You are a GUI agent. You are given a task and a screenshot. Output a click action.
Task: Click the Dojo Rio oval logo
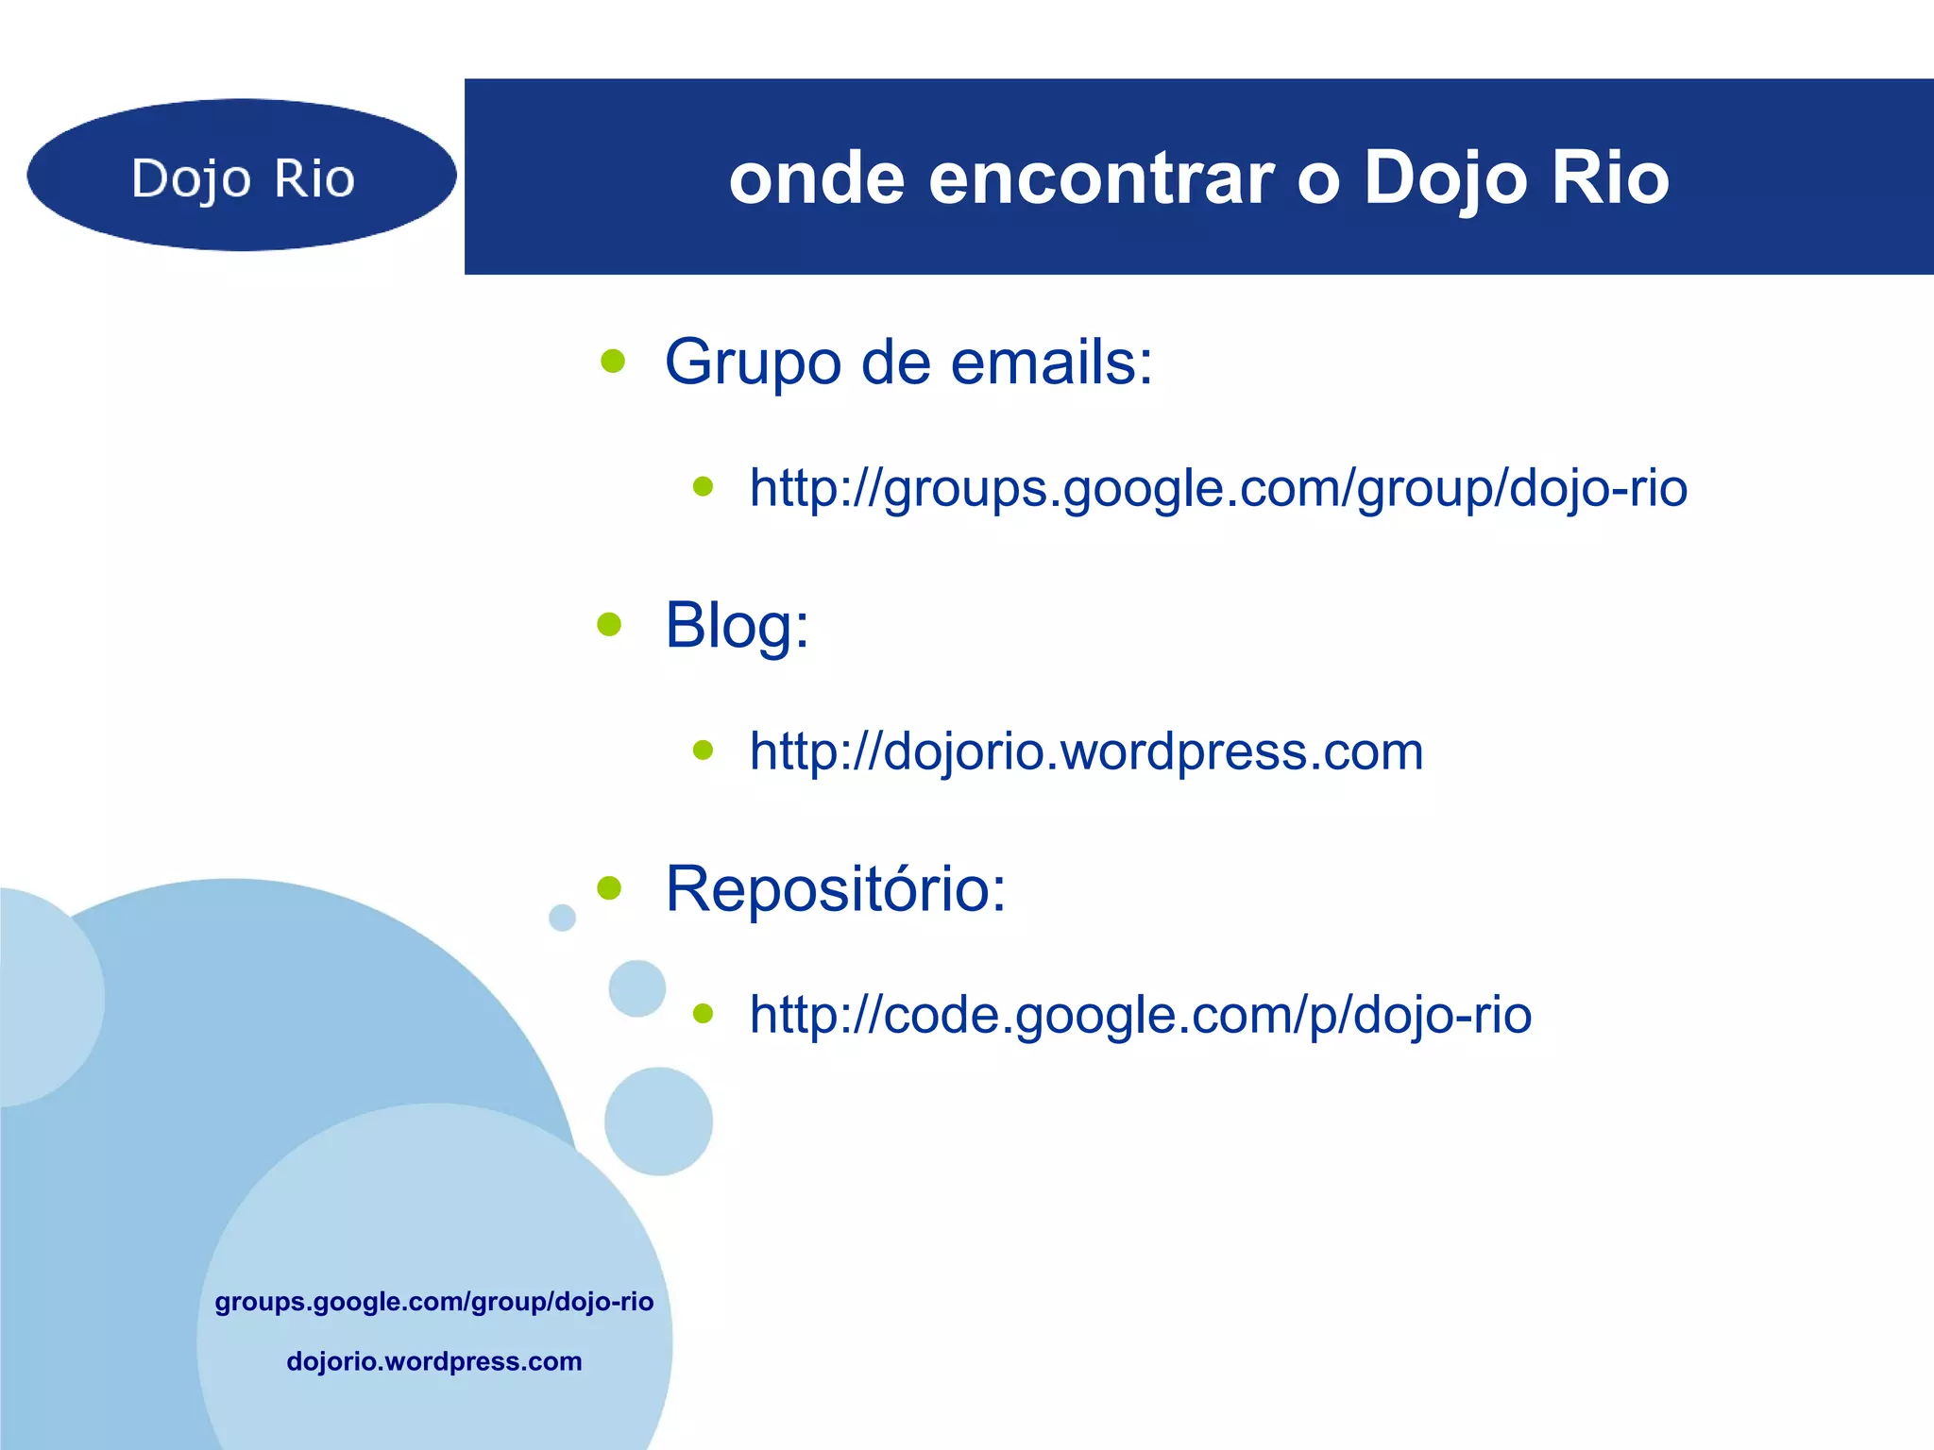(242, 176)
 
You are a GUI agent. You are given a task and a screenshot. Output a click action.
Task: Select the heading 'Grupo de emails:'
(908, 362)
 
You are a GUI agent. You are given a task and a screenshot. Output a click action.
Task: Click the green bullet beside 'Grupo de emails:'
(613, 361)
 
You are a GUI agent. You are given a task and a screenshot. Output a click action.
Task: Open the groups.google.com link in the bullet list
(1218, 489)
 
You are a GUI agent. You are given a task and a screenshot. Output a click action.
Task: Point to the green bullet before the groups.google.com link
(703, 487)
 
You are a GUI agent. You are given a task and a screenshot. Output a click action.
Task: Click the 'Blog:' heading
(737, 625)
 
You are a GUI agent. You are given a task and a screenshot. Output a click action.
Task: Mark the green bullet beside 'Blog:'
(610, 624)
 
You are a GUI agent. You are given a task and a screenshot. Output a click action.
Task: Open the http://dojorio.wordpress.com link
(1086, 751)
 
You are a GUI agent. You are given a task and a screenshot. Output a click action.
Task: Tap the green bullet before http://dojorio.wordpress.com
(703, 750)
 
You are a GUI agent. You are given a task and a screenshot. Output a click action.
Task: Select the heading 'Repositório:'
(836, 889)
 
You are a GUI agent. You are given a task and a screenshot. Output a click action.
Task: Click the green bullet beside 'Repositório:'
(610, 887)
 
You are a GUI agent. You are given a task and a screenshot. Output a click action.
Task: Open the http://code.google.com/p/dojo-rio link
(1140, 1015)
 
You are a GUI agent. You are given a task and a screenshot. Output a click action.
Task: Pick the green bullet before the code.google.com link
(703, 1014)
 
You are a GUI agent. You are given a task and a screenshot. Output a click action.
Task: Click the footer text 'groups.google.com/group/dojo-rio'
(434, 1302)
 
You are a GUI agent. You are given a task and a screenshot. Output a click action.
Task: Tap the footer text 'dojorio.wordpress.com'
(434, 1361)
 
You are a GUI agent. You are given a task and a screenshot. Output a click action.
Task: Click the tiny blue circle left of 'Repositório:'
(562, 917)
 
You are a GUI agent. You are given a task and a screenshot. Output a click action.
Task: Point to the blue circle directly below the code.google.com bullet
(658, 1121)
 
